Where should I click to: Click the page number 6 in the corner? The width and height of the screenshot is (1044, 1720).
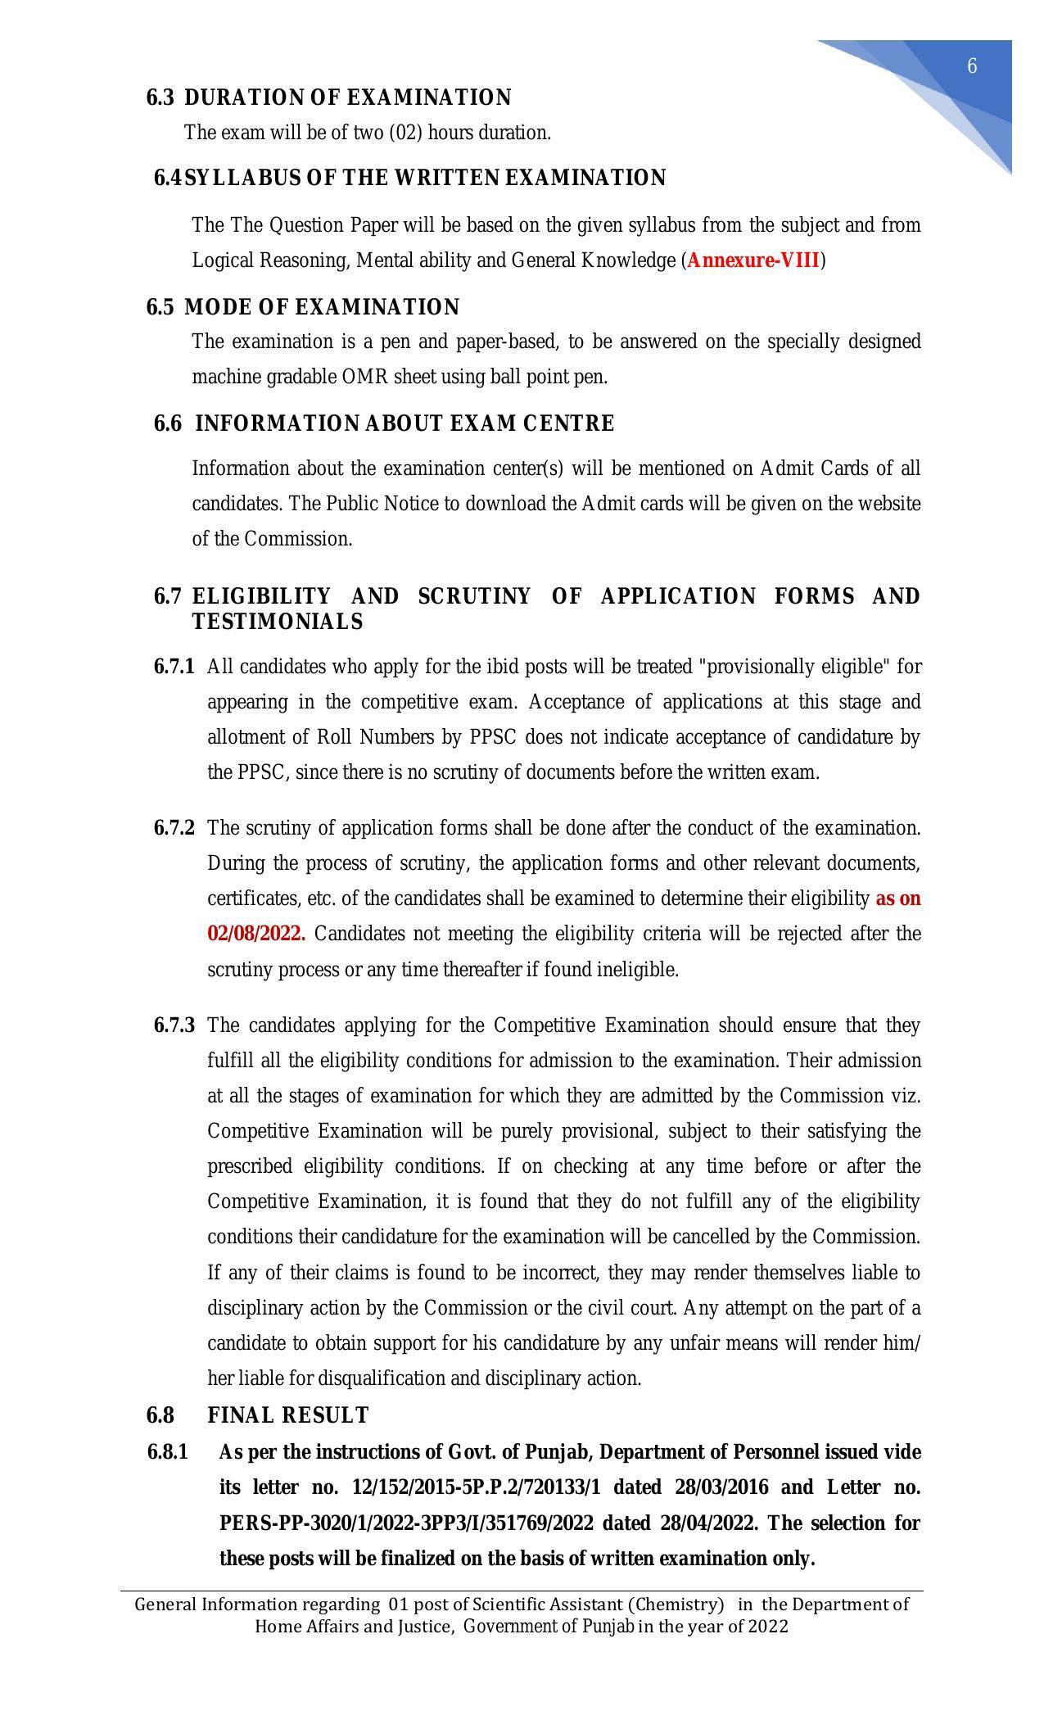pyautogui.click(x=972, y=66)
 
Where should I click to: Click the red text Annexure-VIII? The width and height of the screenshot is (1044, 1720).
pyautogui.click(x=753, y=260)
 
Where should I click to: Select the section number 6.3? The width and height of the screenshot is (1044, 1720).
pyautogui.click(x=160, y=98)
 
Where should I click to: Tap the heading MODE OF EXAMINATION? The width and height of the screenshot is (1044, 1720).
pyautogui.click(x=322, y=308)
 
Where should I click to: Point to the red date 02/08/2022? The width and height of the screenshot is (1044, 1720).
pyautogui.click(x=256, y=935)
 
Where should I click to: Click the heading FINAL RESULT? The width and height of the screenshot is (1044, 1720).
pyautogui.click(x=288, y=1415)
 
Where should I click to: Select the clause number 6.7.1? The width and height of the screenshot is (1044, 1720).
pyautogui.click(x=174, y=667)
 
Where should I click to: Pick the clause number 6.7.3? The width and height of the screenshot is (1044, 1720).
pyautogui.click(x=174, y=1025)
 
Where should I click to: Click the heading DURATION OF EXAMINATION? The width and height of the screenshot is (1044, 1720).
pyautogui.click(x=347, y=98)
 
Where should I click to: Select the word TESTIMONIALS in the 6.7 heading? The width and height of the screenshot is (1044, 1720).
pyautogui.click(x=278, y=622)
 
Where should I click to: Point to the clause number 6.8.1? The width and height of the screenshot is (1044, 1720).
pyautogui.click(x=168, y=1452)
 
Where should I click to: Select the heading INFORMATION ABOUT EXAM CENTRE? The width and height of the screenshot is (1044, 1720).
pyautogui.click(x=404, y=424)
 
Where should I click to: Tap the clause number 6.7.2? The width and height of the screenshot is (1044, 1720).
pyautogui.click(x=174, y=828)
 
